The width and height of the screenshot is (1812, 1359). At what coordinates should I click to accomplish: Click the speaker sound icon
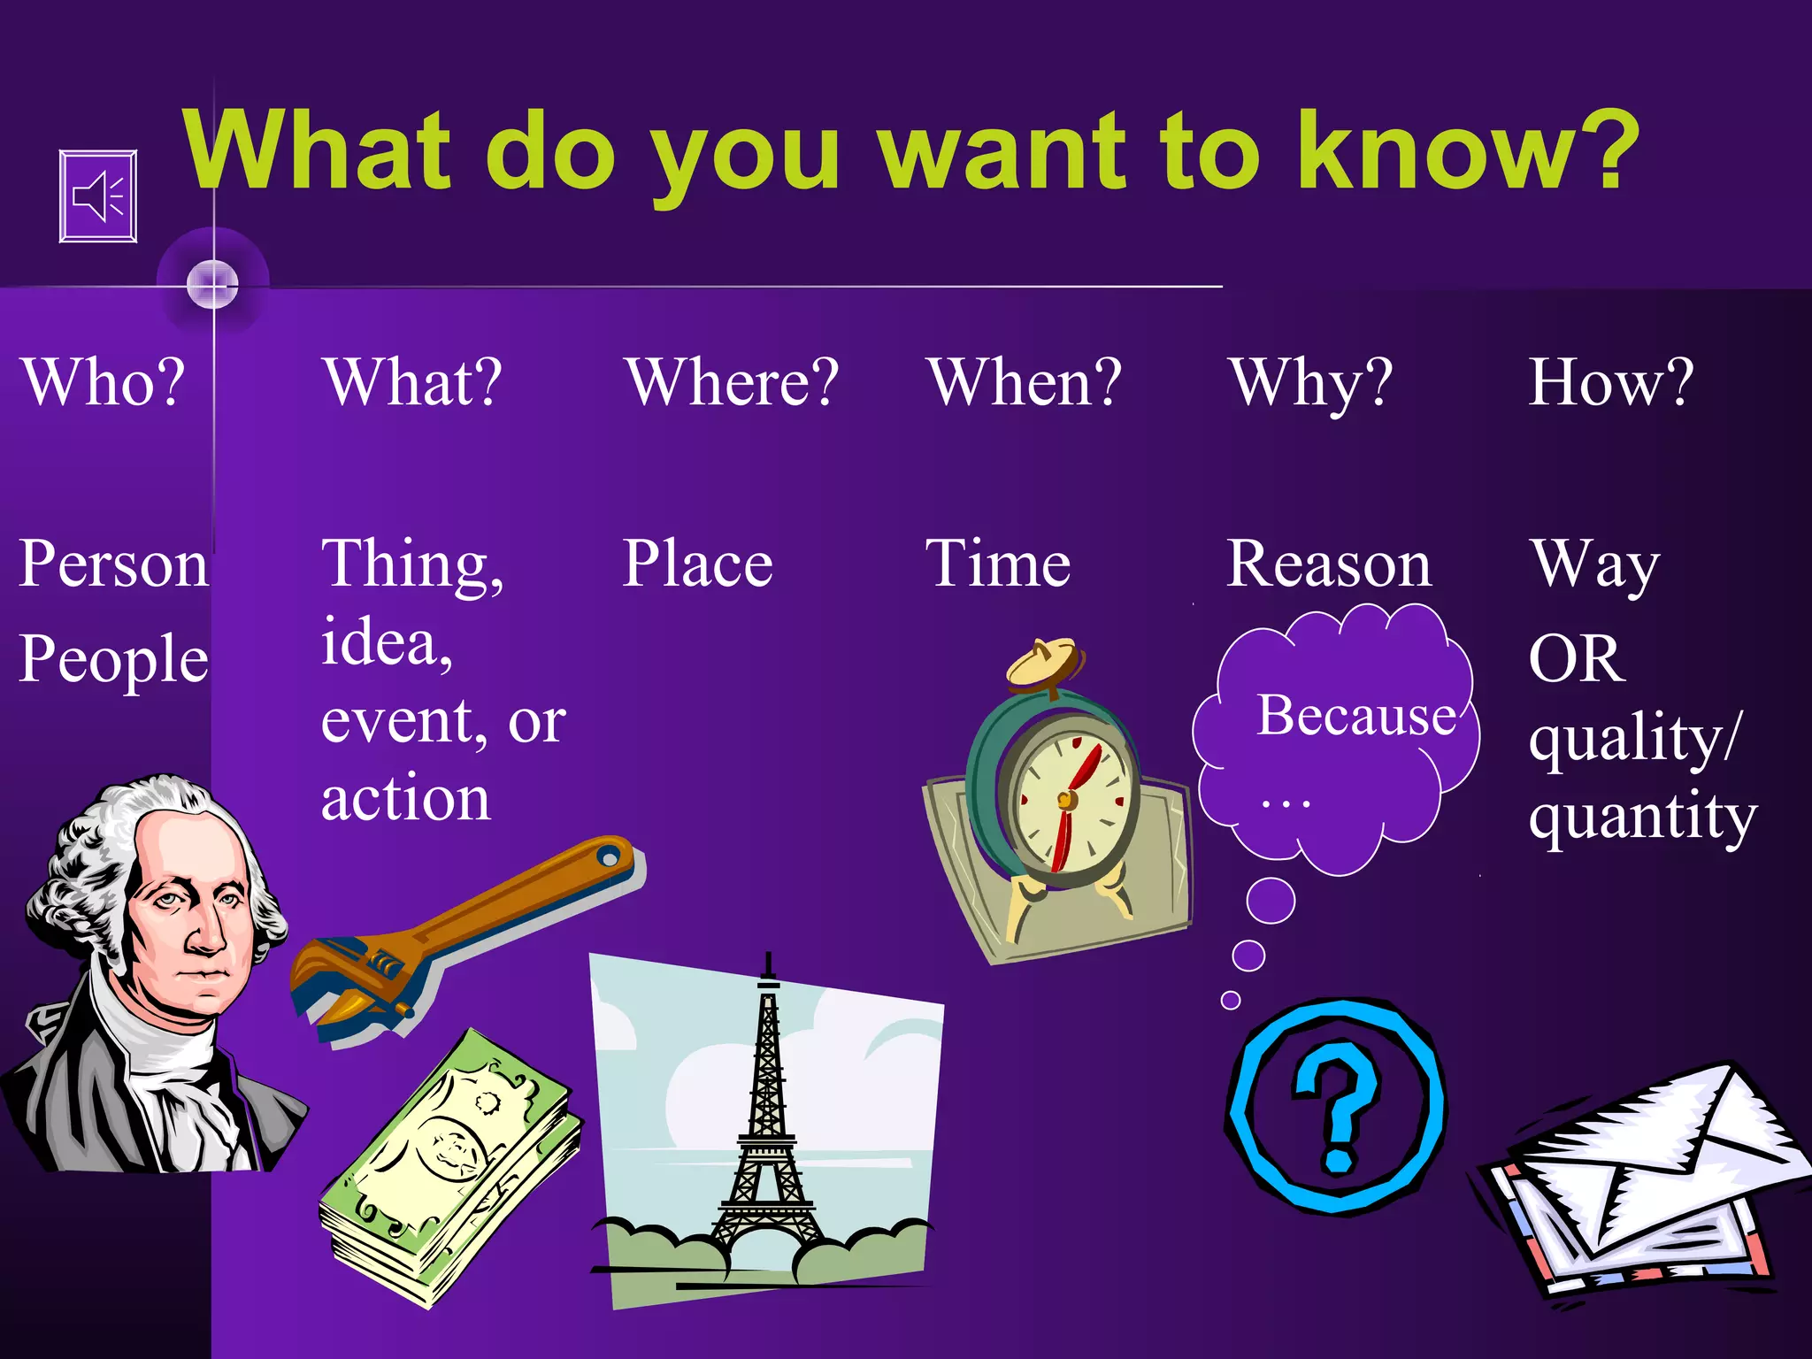point(98,196)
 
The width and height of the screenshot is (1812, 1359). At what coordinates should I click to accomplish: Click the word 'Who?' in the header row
point(104,382)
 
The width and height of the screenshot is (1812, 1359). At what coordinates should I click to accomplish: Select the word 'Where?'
point(732,382)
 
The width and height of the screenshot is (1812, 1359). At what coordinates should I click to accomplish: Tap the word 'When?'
point(1025,382)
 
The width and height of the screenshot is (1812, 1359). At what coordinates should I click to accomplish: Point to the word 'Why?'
point(1311,384)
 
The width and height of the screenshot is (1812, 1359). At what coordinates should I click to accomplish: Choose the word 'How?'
point(1611,382)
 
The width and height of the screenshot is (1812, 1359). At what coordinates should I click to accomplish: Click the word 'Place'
point(697,564)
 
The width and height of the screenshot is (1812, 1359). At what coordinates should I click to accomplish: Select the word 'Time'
point(998,564)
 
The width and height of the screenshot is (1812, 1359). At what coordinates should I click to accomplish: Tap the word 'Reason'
point(1329,564)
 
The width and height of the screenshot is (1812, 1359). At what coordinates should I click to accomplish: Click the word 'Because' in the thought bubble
point(1356,715)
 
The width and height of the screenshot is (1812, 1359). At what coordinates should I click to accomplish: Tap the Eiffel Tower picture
point(766,1124)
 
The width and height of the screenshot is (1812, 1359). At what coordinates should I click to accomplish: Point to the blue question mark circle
point(1337,1106)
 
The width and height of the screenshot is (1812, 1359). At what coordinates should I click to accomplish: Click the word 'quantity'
point(1643,818)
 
